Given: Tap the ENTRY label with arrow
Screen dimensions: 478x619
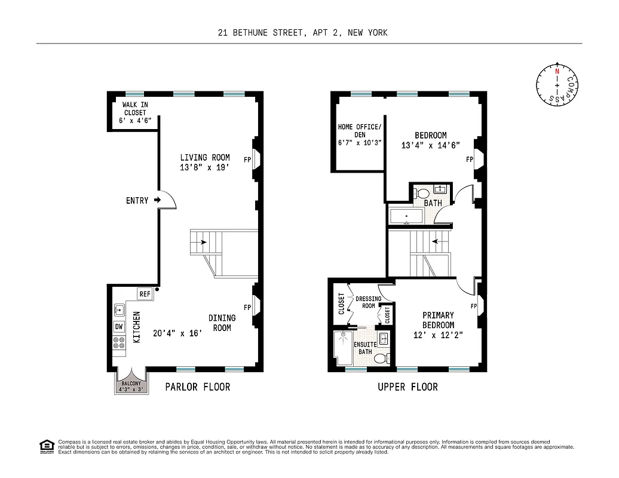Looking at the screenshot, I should pyautogui.click(x=142, y=200).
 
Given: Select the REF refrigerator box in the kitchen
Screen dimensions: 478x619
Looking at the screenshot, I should pyautogui.click(x=144, y=294).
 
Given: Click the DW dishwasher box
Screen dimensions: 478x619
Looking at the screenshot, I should pyautogui.click(x=118, y=327).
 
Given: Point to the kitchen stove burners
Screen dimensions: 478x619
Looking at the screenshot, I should pyautogui.click(x=118, y=343).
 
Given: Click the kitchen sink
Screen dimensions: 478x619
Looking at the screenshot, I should pyautogui.click(x=118, y=310).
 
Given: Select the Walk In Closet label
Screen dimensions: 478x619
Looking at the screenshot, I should pyautogui.click(x=135, y=112).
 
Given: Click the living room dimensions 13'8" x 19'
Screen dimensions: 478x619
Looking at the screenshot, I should pyautogui.click(x=205, y=168).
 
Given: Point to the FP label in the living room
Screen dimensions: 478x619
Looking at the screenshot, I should pyautogui.click(x=247, y=160).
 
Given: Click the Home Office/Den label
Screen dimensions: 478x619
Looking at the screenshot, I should pyautogui.click(x=359, y=135).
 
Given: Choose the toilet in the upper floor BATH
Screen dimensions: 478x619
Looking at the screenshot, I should pyautogui.click(x=422, y=193).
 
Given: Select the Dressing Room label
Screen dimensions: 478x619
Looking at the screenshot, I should pyautogui.click(x=368, y=302).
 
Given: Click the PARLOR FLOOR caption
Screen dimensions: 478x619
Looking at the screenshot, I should pyautogui.click(x=197, y=387).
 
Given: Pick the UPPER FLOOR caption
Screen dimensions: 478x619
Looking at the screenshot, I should pyautogui.click(x=407, y=387).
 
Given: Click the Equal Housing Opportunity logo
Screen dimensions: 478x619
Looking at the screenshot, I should pyautogui.click(x=45, y=446).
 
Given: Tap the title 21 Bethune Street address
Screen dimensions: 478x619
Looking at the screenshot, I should pyautogui.click(x=302, y=33).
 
